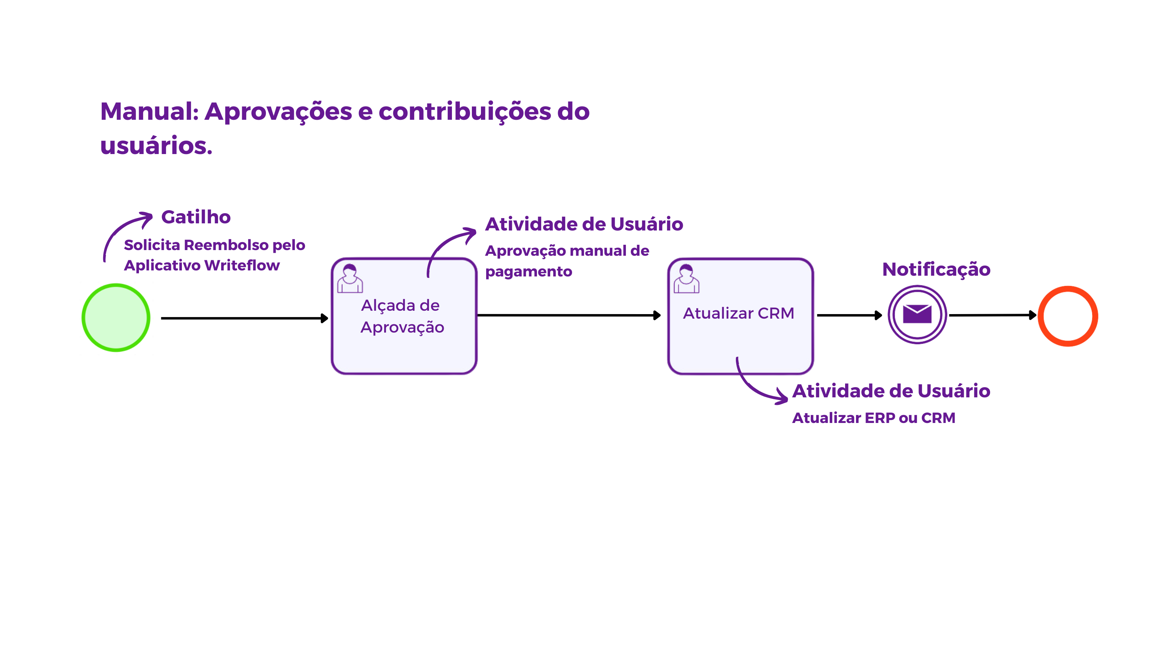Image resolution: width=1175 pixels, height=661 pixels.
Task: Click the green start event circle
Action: click(x=116, y=318)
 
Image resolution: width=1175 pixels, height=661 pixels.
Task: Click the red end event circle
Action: click(x=1068, y=316)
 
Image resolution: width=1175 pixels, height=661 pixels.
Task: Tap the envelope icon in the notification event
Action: click(x=917, y=314)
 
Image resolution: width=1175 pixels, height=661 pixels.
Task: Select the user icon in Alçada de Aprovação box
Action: click(x=350, y=278)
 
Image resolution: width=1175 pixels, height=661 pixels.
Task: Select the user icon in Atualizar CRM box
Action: click(x=687, y=278)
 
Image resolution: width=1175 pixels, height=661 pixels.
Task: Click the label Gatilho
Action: click(x=196, y=217)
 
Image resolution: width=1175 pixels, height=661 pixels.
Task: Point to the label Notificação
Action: click(x=936, y=270)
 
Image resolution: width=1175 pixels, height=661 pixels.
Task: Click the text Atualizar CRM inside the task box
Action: click(x=739, y=313)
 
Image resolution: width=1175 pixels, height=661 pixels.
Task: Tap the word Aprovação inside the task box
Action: click(x=402, y=328)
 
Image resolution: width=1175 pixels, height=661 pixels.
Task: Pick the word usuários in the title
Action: click(x=156, y=146)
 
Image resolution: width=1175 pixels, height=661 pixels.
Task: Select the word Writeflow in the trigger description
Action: click(x=242, y=266)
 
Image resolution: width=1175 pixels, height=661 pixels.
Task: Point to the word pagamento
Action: click(x=528, y=272)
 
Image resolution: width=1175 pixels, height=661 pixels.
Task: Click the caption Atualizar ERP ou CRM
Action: click(x=873, y=418)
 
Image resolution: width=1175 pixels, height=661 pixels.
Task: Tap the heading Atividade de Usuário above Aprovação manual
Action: click(x=584, y=224)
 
